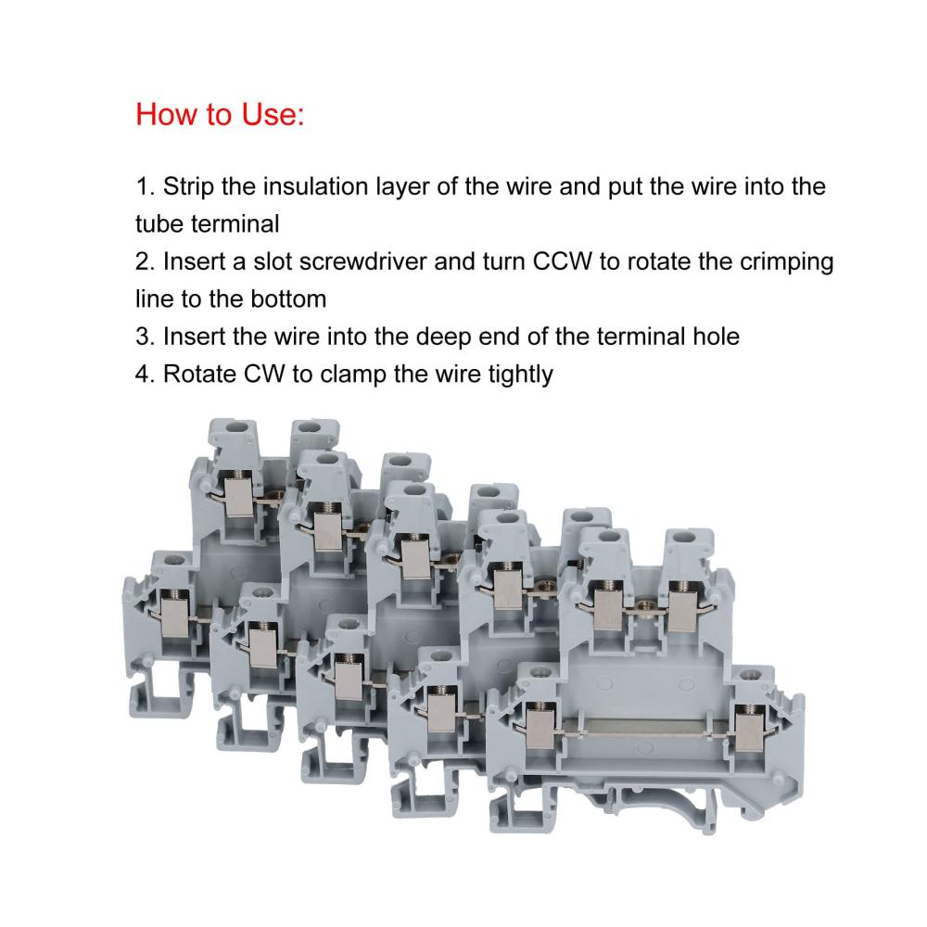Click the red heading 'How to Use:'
[220, 114]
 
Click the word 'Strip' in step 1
[188, 187]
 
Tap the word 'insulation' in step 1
[316, 186]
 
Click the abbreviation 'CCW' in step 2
[563, 261]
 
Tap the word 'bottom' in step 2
[288, 299]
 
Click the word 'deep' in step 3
[443, 337]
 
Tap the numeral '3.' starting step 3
[146, 337]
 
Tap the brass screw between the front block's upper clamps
[646, 605]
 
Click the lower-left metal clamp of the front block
[540, 728]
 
